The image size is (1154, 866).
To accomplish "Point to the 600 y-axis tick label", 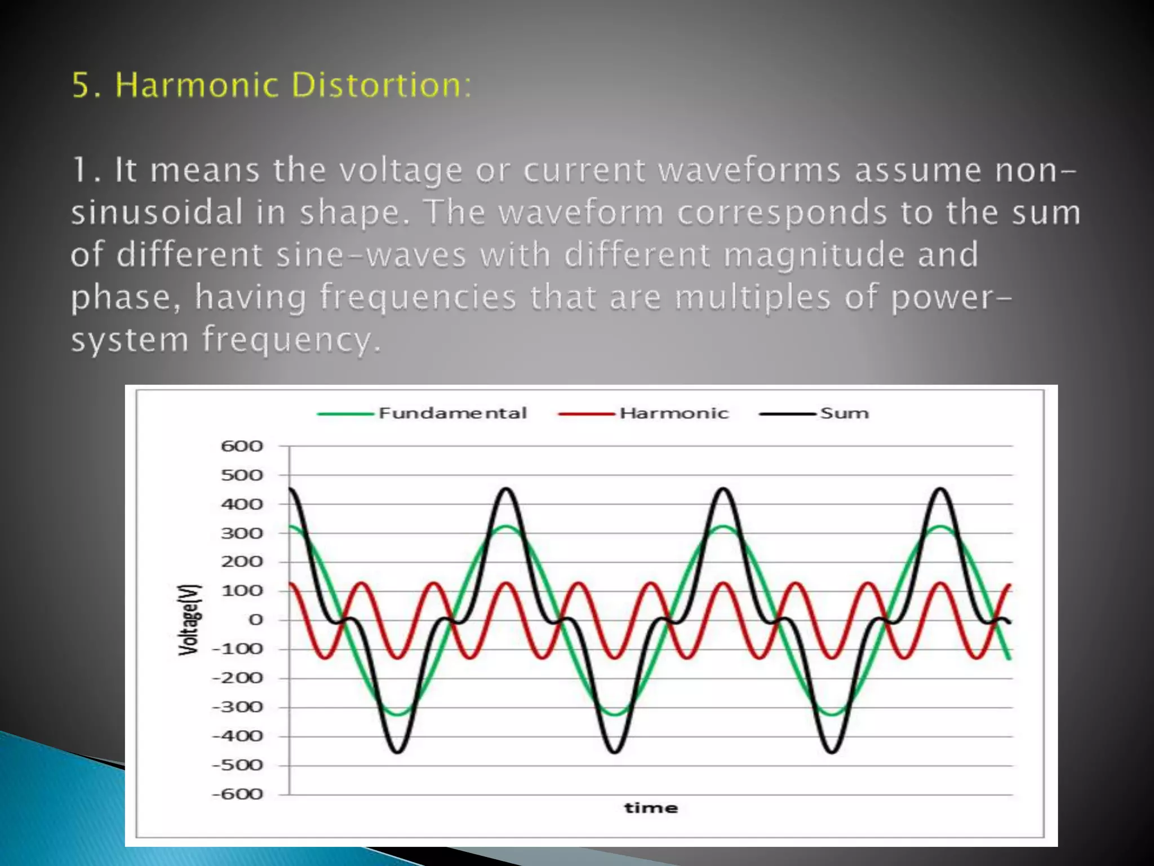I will click(242, 447).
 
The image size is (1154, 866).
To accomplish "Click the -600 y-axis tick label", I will click(238, 794).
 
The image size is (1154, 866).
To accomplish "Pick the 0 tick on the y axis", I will click(256, 620).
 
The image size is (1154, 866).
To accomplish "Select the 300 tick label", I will click(242, 533).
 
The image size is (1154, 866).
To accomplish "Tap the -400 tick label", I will click(238, 736).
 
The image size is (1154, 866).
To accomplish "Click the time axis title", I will click(651, 808).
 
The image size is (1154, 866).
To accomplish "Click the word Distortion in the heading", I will click(381, 85).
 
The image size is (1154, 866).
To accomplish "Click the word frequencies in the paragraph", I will click(418, 298).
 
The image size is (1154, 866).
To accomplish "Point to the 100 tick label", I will click(242, 591).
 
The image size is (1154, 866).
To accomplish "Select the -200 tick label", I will click(238, 678).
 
